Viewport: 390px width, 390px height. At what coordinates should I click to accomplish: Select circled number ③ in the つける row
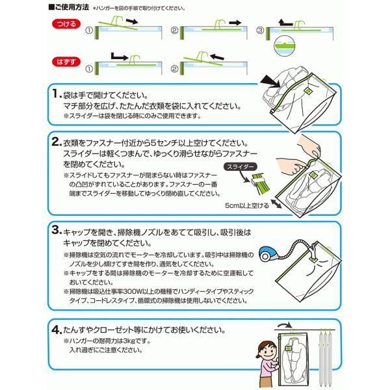pyautogui.click(x=259, y=30)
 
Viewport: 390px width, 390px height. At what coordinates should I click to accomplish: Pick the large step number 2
pyautogui.click(x=57, y=142)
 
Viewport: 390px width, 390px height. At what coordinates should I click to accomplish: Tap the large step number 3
pyautogui.click(x=57, y=230)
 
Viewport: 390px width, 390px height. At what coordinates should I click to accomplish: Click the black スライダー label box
pyautogui.click(x=242, y=167)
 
